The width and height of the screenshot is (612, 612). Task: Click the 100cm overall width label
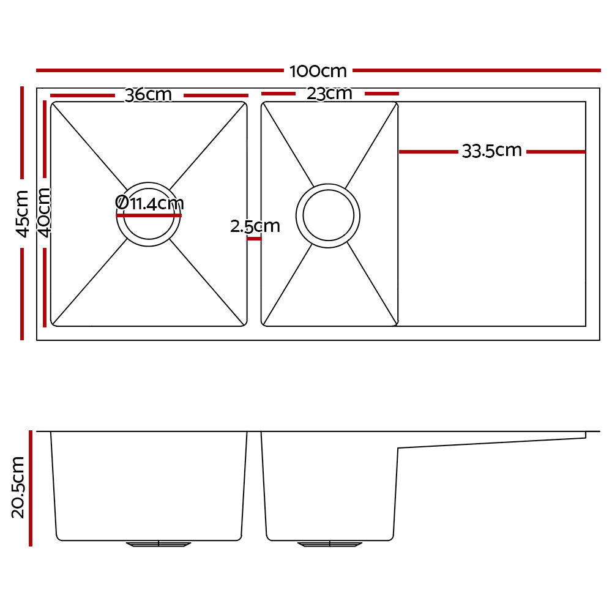click(x=318, y=71)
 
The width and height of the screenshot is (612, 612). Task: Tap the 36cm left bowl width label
click(x=148, y=95)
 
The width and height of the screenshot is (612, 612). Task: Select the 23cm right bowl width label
click(x=330, y=94)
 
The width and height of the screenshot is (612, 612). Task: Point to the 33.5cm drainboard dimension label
click(x=491, y=151)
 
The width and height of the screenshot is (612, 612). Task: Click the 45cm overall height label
click(x=22, y=214)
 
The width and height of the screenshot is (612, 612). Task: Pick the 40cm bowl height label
click(x=44, y=212)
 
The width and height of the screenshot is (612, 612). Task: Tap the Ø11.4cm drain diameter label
click(x=149, y=203)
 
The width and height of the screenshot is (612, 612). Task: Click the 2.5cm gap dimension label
click(x=255, y=226)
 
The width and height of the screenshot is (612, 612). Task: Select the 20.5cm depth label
click(x=18, y=487)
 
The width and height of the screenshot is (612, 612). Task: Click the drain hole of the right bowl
click(x=328, y=215)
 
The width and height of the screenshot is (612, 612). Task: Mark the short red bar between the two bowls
click(x=254, y=239)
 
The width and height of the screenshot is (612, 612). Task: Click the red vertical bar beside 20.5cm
click(x=30, y=488)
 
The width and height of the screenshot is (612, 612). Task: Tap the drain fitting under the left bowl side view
click(x=159, y=543)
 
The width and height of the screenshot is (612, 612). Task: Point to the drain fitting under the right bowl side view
click(x=329, y=543)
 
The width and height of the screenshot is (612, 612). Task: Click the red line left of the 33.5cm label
click(x=428, y=151)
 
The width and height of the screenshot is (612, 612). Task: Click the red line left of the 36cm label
click(x=83, y=95)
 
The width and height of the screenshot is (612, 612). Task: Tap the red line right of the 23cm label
click(x=381, y=94)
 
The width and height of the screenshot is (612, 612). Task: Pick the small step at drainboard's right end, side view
click(x=585, y=435)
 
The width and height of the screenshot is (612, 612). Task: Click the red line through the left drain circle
click(x=149, y=215)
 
